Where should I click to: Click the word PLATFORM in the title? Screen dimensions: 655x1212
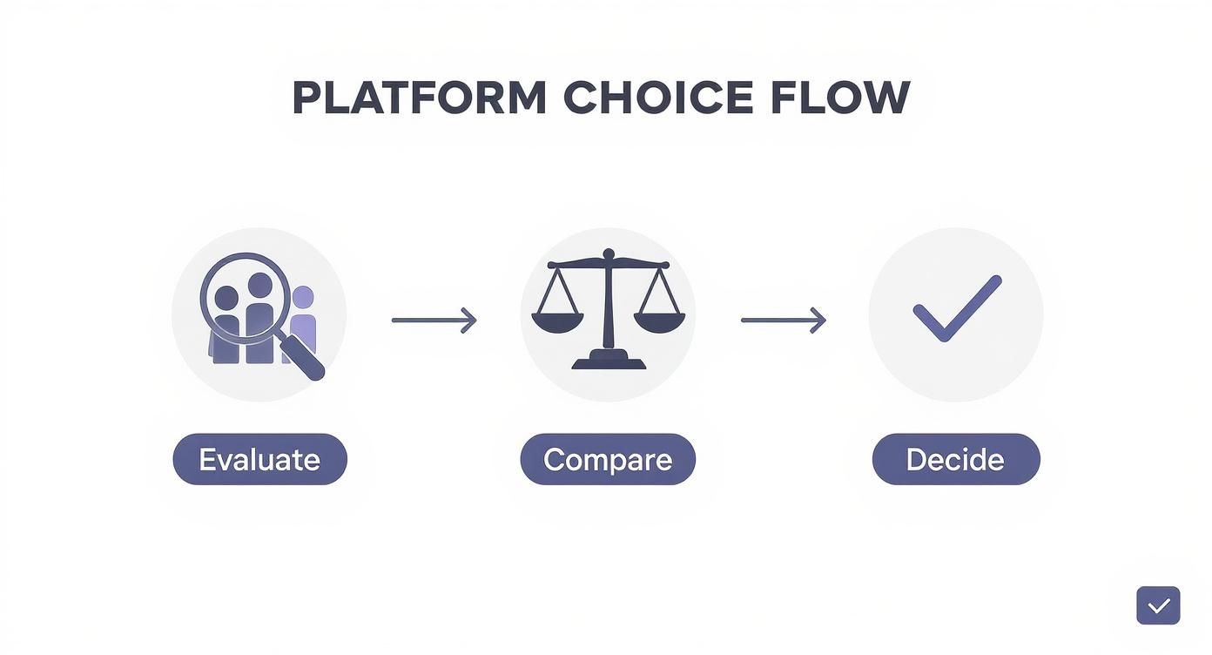pyautogui.click(x=419, y=98)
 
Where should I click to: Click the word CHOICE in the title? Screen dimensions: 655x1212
pyautogui.click(x=658, y=98)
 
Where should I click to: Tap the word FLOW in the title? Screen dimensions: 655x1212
pyautogui.click(x=839, y=98)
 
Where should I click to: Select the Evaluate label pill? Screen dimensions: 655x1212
pyautogui.click(x=259, y=459)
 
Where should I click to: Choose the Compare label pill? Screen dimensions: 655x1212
pyautogui.click(x=608, y=459)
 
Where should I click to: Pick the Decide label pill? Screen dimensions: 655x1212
pyautogui.click(x=955, y=459)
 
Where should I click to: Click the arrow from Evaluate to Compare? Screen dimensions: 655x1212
pyautogui.click(x=434, y=321)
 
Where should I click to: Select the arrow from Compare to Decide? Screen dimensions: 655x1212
pyautogui.click(x=782, y=321)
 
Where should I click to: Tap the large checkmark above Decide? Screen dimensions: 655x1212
pyautogui.click(x=956, y=308)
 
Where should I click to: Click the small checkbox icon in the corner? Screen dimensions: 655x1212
pyautogui.click(x=1158, y=605)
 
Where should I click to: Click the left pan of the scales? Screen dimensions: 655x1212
pyautogui.click(x=557, y=322)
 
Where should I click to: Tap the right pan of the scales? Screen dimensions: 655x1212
pyautogui.click(x=659, y=322)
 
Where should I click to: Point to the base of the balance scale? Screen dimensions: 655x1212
pyautogui.click(x=609, y=361)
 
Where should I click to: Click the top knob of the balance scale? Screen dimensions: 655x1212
pyautogui.click(x=609, y=254)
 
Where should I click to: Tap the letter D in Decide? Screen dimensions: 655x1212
pyautogui.click(x=917, y=459)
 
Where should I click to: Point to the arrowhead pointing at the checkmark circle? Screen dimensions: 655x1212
pyautogui.click(x=818, y=321)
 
